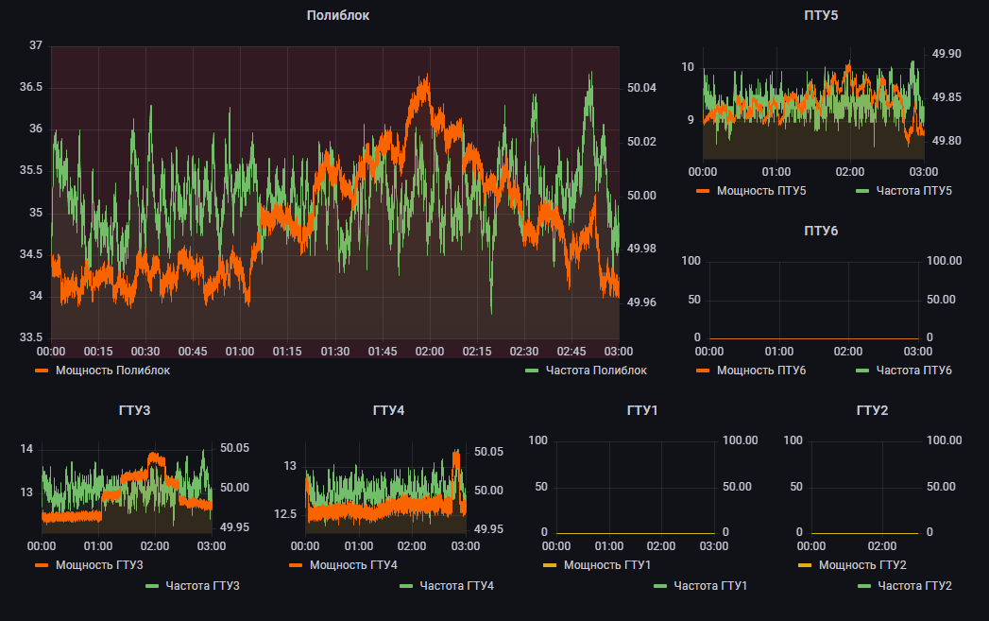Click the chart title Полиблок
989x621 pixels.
tap(338, 15)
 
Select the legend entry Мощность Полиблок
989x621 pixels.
tap(112, 371)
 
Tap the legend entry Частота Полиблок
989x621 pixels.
tap(596, 371)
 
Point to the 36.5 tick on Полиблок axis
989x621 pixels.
tap(31, 87)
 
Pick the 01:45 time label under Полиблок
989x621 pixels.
tap(383, 351)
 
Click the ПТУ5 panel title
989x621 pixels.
tap(821, 15)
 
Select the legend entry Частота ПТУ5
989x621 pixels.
tap(913, 191)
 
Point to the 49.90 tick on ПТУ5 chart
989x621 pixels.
tap(946, 54)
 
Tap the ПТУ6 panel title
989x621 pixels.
tap(821, 231)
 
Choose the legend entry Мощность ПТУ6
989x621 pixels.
tap(760, 370)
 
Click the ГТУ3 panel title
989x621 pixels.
tap(135, 410)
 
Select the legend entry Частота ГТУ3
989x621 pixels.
tap(202, 586)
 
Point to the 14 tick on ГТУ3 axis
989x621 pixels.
tap(26, 448)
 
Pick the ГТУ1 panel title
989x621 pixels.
tap(642, 410)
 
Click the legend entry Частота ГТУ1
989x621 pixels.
tap(709, 586)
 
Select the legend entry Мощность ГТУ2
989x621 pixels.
tap(862, 565)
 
